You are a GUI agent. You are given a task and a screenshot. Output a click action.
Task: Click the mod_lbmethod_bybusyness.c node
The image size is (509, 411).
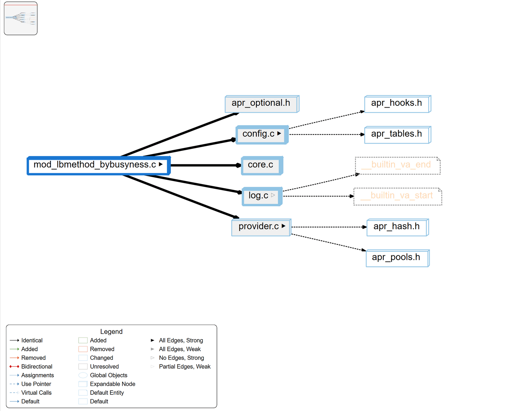click(x=95, y=165)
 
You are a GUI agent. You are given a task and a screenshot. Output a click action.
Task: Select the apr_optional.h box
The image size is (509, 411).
click(x=261, y=103)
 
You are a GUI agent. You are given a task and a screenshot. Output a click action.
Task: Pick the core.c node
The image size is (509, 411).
click(x=261, y=165)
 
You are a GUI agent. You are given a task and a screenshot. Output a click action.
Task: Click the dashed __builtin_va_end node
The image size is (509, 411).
click(x=398, y=165)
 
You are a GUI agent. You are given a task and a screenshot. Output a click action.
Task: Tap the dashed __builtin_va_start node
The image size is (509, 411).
click(x=398, y=196)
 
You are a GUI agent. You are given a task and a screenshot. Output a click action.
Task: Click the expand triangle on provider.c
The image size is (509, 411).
click(x=283, y=226)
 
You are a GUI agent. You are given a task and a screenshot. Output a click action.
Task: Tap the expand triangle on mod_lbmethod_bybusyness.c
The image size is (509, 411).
click(x=161, y=164)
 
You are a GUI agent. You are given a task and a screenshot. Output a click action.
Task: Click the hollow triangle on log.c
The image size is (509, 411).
click(x=273, y=195)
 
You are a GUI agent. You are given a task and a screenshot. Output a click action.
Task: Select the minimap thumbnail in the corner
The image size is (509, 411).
click(x=21, y=18)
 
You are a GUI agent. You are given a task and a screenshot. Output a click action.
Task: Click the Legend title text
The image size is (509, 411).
click(x=111, y=332)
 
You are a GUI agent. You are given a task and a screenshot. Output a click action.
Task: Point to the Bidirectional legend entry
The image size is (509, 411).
click(x=37, y=366)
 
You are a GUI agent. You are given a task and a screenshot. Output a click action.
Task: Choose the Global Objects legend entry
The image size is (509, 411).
click(x=108, y=375)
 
